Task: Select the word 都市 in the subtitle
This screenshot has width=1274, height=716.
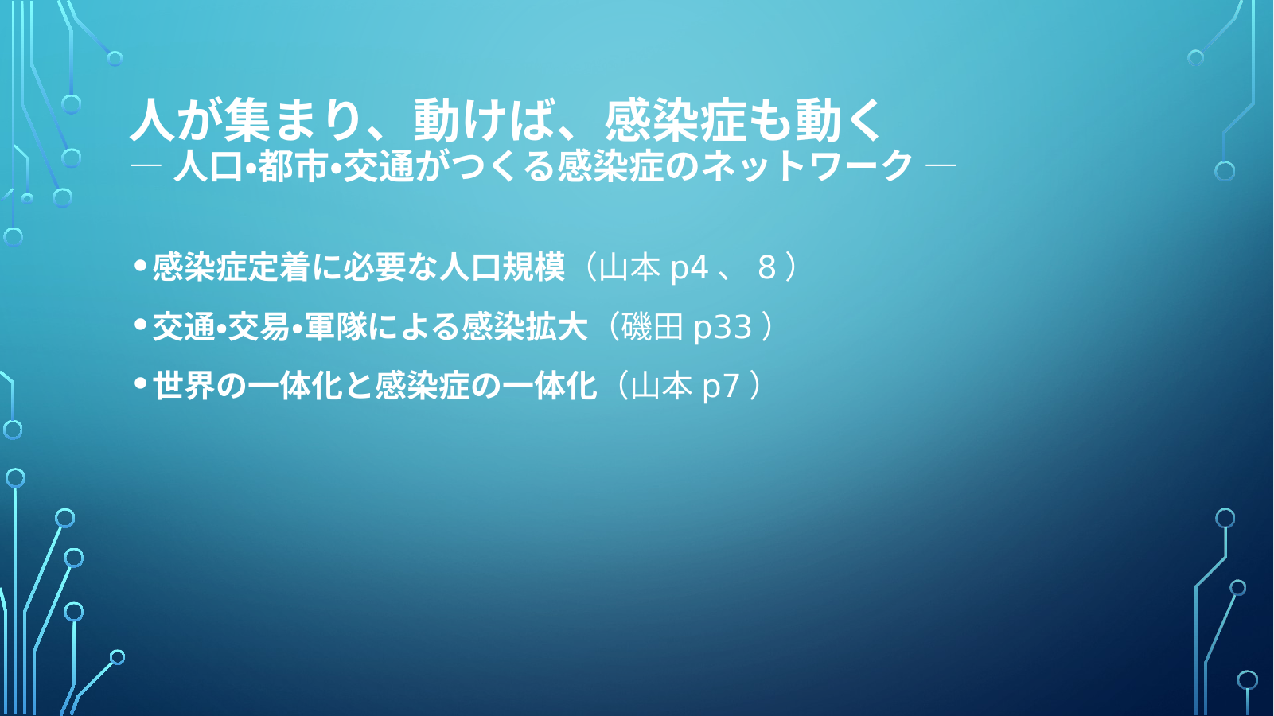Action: [x=293, y=166]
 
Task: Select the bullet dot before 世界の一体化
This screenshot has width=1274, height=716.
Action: [x=140, y=383]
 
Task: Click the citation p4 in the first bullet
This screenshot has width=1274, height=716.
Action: [x=689, y=268]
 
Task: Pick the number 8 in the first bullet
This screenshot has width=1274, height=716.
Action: [x=766, y=267]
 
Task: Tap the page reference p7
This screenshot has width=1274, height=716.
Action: [x=721, y=387]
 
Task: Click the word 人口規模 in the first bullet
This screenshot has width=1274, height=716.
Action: [x=502, y=267]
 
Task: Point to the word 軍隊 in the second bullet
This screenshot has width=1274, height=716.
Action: [x=336, y=326]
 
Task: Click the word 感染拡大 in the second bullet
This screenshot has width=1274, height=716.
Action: [x=524, y=326]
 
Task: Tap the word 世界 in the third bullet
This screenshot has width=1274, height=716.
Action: [x=184, y=386]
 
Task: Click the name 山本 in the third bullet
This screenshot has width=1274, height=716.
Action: [x=661, y=386]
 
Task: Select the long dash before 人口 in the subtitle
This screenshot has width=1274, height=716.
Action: [x=146, y=166]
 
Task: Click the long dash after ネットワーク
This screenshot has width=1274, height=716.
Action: [x=941, y=166]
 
